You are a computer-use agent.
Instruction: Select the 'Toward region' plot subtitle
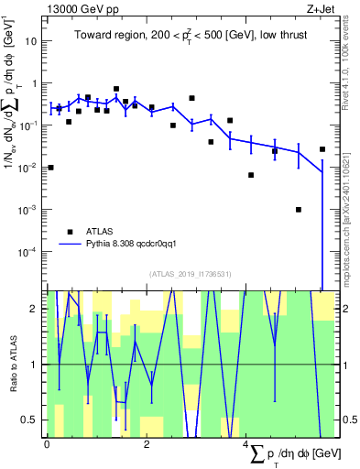tap(191, 37)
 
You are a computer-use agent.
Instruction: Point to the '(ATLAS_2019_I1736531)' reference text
tap(191, 273)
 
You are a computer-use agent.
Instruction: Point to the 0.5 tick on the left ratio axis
tap(29, 420)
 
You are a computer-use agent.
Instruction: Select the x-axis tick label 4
tap(245, 444)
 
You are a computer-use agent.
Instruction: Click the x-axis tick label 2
tap(147, 444)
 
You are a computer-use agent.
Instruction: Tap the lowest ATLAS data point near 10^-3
tap(299, 210)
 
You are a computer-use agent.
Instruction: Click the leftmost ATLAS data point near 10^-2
tap(50, 168)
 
